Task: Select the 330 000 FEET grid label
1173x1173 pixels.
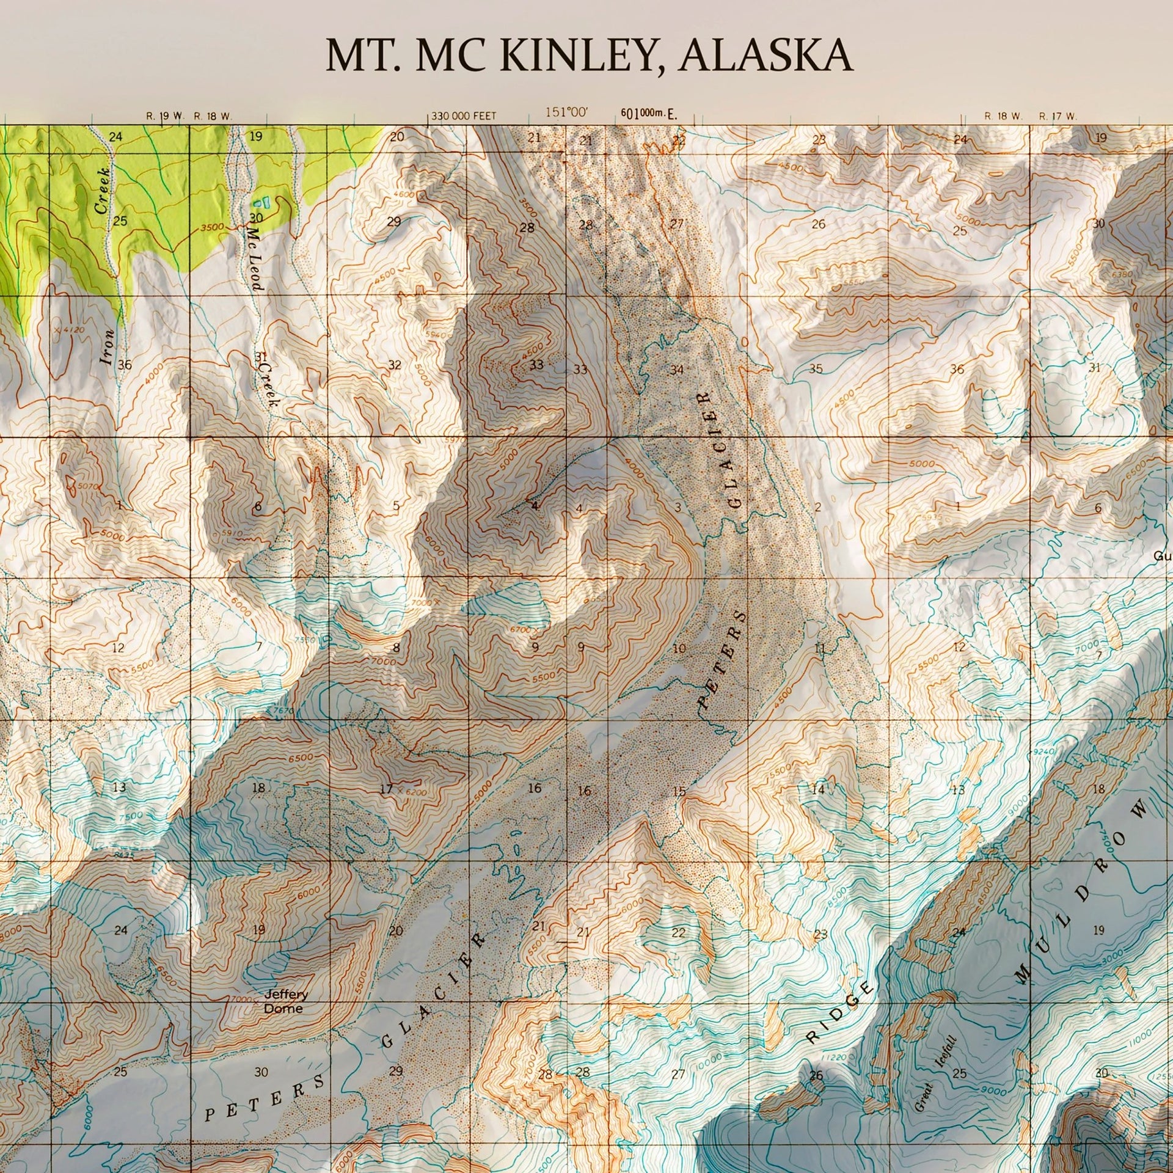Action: coord(464,115)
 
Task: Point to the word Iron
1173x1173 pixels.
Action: coord(108,347)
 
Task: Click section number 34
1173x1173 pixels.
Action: coord(676,370)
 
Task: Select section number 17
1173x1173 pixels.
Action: coord(386,789)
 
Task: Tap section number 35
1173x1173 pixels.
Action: coord(816,368)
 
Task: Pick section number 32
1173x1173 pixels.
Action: coord(395,365)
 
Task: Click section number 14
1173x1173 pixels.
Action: coord(818,789)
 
